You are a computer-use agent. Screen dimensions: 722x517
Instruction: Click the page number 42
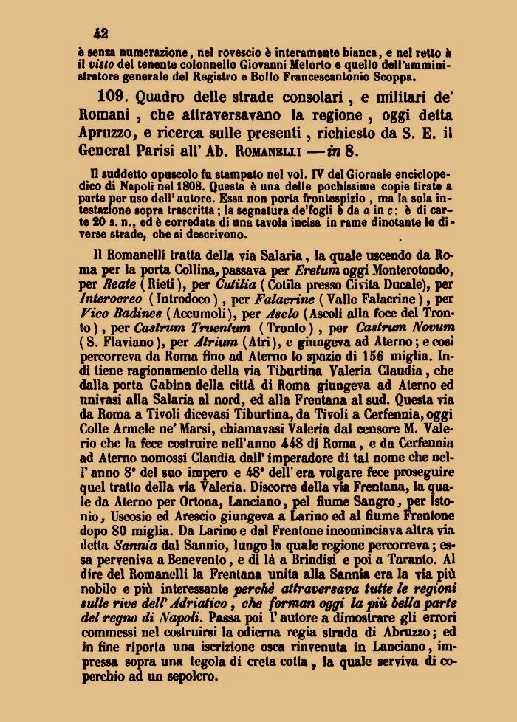pos(101,33)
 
